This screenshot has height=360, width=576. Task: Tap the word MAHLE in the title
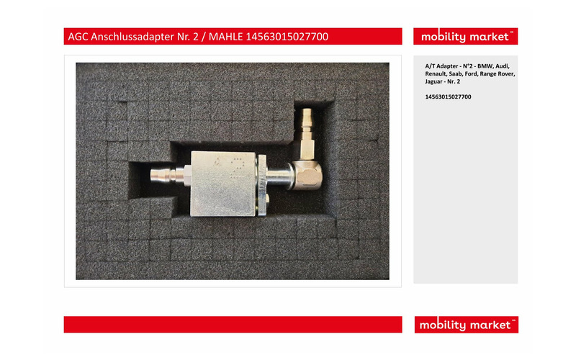pos(225,37)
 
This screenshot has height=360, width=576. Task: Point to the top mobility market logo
pos(465,37)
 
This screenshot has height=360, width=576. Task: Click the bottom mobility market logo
pos(466,325)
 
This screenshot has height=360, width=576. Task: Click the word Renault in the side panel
pos(436,74)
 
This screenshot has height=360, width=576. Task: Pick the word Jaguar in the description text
pos(434,81)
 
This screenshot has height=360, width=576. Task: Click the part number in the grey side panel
pos(448,97)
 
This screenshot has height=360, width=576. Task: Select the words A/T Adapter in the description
pos(441,66)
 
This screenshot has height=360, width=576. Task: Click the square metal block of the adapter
pos(223,184)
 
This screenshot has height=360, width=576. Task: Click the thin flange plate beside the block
pos(262,186)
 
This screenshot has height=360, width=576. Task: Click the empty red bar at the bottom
pos(233,325)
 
